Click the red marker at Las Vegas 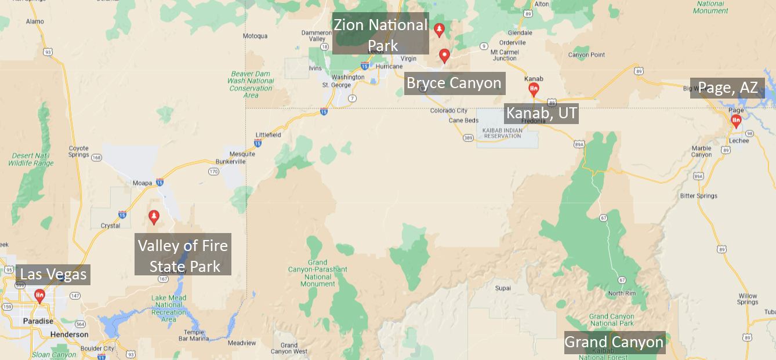pyautogui.click(x=39, y=296)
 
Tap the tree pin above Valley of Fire pyautogui.click(x=154, y=217)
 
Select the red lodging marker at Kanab pyautogui.click(x=534, y=89)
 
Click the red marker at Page pyautogui.click(x=735, y=121)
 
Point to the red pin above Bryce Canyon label pyautogui.click(x=444, y=56)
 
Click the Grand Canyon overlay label pyautogui.click(x=614, y=342)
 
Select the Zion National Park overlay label pyautogui.click(x=380, y=34)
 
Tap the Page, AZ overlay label pyautogui.click(x=727, y=88)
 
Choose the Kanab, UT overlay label pyautogui.click(x=542, y=112)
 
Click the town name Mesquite pyautogui.click(x=242, y=154)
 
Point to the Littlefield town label pyautogui.click(x=268, y=135)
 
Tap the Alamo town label pyautogui.click(x=35, y=21)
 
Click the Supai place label pyautogui.click(x=503, y=288)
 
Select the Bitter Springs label pyautogui.click(x=699, y=196)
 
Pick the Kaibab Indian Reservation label pyautogui.click(x=503, y=133)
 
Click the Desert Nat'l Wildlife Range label pyautogui.click(x=30, y=159)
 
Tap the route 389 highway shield pyautogui.click(x=468, y=138)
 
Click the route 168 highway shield pyautogui.click(x=96, y=157)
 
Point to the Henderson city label pyautogui.click(x=69, y=334)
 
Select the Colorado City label pyautogui.click(x=448, y=111)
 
